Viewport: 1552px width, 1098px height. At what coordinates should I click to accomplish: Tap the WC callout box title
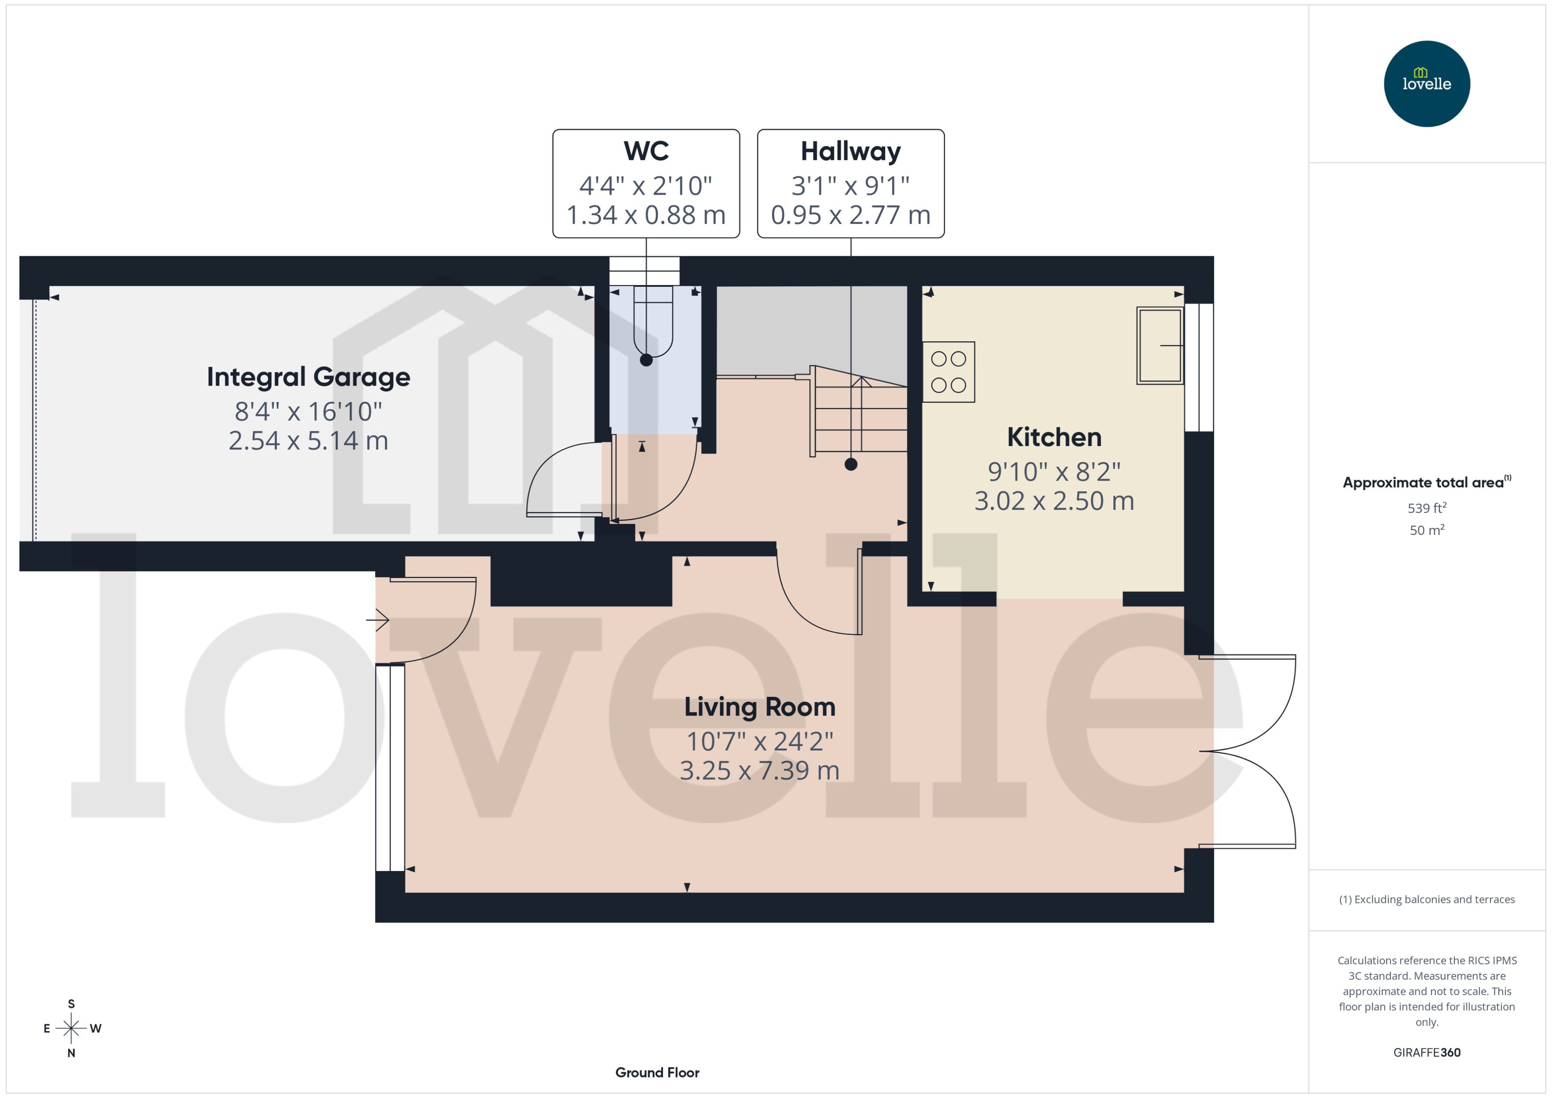tap(646, 151)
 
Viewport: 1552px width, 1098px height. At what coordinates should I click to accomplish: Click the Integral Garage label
tap(308, 377)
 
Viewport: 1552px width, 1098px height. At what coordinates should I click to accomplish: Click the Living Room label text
tap(760, 707)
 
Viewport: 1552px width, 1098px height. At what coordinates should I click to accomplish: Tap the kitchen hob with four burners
tap(948, 372)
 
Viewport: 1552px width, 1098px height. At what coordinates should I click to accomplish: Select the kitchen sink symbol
tap(1159, 345)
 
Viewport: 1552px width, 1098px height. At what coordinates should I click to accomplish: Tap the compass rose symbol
tap(71, 1028)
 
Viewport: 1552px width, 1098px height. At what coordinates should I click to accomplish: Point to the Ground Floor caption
tap(657, 1072)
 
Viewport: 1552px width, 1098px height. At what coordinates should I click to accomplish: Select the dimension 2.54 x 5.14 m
tap(308, 441)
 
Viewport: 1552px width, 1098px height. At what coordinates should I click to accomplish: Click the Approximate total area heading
tap(1425, 482)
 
